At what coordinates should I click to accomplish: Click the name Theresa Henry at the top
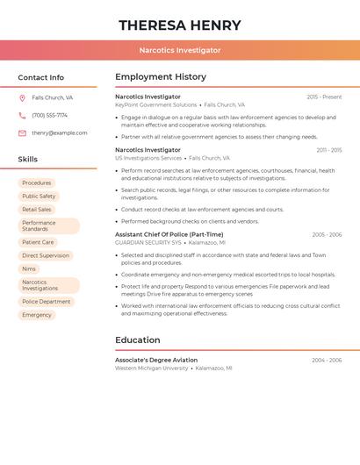[179, 25]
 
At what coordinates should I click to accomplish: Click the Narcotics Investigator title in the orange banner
[179, 50]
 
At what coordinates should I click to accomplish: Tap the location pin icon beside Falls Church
[22, 97]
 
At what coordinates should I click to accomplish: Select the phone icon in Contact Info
[22, 115]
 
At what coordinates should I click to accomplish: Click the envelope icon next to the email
[22, 133]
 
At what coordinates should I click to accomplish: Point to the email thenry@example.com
[59, 133]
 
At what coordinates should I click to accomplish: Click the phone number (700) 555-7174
[49, 115]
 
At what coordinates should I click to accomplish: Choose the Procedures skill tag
[37, 183]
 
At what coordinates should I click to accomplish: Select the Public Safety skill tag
[39, 197]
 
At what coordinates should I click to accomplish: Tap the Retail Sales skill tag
[37, 210]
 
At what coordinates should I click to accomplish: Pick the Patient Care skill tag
[38, 242]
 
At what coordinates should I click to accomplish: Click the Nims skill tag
[29, 268]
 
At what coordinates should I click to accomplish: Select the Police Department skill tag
[47, 302]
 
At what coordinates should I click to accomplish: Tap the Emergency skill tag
[37, 315]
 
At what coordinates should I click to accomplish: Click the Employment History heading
[161, 77]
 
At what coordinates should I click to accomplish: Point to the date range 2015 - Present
[324, 97]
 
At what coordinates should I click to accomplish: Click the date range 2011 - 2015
[329, 150]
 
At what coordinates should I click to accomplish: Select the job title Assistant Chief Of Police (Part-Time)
[169, 234]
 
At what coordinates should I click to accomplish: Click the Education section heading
[138, 340]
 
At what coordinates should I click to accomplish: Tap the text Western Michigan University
[152, 368]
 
